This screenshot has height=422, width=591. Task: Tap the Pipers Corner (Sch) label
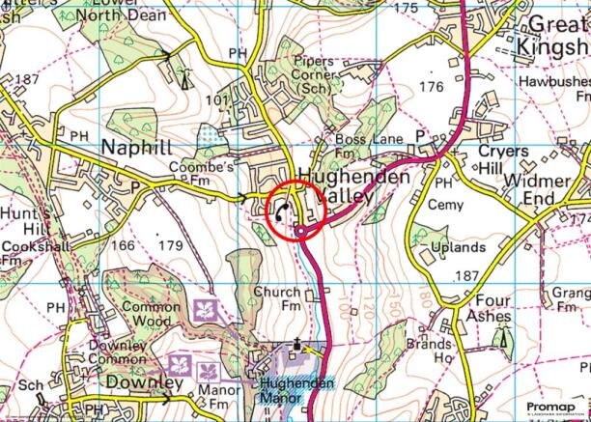[315, 73]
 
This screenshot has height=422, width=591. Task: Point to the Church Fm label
[278, 299]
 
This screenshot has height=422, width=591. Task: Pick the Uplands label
[460, 246]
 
